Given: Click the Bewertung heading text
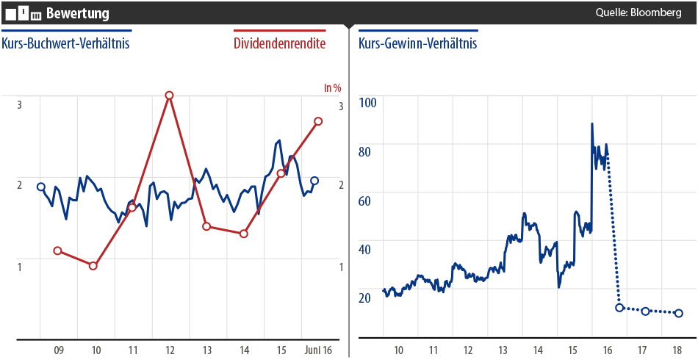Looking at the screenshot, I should point(77,13).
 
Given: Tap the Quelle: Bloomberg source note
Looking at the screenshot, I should point(638,12).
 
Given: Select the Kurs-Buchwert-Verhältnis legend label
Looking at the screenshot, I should point(65,43).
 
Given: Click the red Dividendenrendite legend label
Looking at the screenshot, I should point(279,43).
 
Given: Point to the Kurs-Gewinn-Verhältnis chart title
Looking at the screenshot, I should point(417,43).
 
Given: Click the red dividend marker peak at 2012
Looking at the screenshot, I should point(169,96).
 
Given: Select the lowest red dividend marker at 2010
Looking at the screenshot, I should point(93,265).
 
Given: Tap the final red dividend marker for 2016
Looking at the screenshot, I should point(318,121).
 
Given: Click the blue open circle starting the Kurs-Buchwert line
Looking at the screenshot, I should point(41,187).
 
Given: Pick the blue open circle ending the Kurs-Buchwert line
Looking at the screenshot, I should point(314,181).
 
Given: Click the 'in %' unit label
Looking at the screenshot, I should point(333,88).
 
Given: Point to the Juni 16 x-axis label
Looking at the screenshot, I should point(318,350).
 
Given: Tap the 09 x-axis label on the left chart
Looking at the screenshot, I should point(59,350).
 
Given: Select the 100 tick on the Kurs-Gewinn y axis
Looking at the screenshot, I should point(367,101).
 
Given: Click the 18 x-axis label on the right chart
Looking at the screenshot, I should point(677,350).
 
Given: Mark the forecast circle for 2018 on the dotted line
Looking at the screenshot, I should point(679,313).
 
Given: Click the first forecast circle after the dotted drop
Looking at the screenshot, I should point(619,307).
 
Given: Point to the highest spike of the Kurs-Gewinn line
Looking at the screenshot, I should point(591,123).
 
